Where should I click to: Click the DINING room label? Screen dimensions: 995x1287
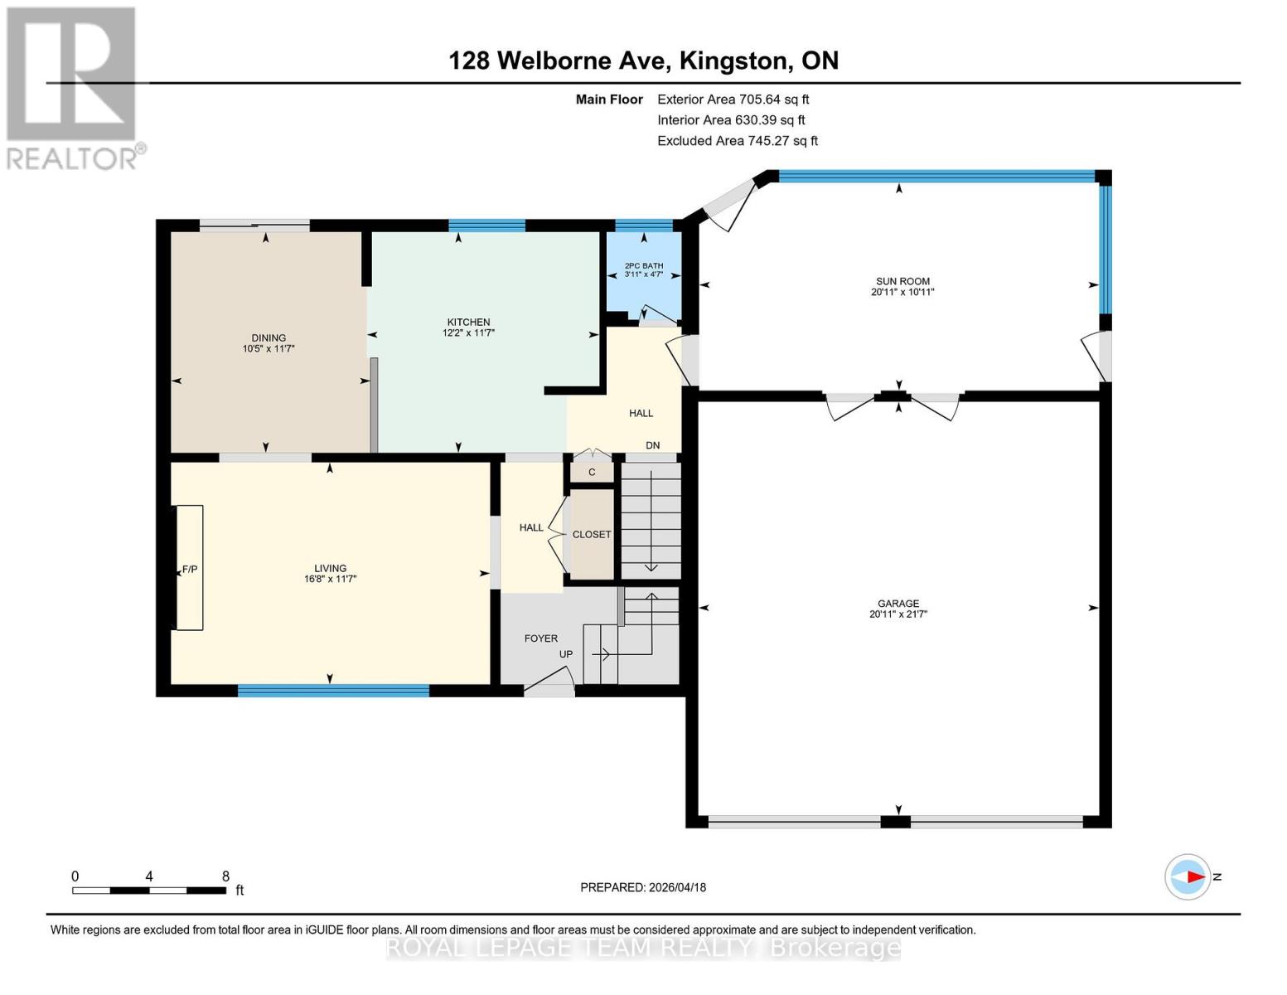tap(269, 338)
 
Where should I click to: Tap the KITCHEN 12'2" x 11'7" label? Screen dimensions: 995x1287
tap(468, 328)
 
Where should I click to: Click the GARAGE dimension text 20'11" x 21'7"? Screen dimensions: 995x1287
tap(898, 614)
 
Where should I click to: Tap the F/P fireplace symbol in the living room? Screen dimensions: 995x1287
tap(190, 569)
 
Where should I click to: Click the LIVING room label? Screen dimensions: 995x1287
tap(330, 569)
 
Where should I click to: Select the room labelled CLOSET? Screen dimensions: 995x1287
tap(592, 535)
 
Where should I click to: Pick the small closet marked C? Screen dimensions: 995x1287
tap(592, 473)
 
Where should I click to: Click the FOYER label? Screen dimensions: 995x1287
tap(541, 638)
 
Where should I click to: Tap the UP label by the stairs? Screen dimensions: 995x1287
tap(566, 654)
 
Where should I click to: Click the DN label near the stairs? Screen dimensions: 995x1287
tap(653, 445)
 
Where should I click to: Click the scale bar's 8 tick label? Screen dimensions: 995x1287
tap(225, 876)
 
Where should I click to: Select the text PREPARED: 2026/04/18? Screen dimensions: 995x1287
tap(643, 887)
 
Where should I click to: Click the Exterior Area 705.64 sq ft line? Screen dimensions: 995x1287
tap(733, 99)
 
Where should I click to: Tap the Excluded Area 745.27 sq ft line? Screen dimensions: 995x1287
tap(738, 141)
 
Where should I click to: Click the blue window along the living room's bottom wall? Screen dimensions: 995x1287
tap(333, 690)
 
